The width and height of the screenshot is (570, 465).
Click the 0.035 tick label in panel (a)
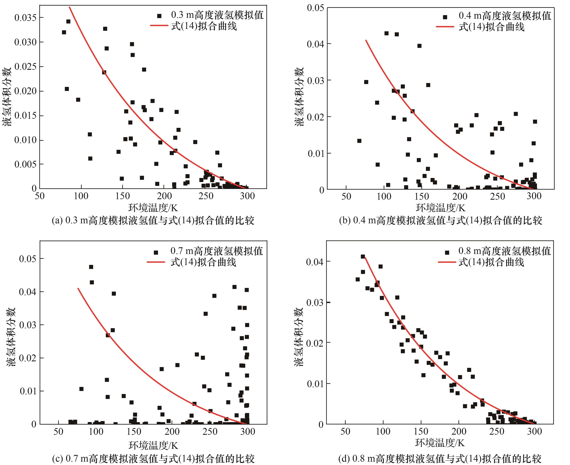pyautogui.click(x=25, y=18)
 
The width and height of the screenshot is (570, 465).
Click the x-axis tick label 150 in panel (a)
pyautogui.click(x=122, y=196)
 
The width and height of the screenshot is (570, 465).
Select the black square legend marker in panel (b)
pyautogui.click(x=445, y=17)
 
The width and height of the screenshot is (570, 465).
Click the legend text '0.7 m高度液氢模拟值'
pyautogui.click(x=217, y=251)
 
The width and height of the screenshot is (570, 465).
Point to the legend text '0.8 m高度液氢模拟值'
pyautogui.click(x=504, y=251)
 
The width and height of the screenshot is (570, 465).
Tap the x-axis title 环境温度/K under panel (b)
pyautogui.click(x=440, y=208)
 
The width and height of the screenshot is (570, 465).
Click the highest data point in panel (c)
pyautogui.click(x=91, y=267)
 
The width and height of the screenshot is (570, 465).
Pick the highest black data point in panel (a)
pyautogui.click(x=68, y=21)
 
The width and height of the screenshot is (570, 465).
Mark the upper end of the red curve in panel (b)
pyautogui.click(x=366, y=40)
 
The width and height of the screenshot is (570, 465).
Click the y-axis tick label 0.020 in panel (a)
pyautogui.click(x=25, y=91)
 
